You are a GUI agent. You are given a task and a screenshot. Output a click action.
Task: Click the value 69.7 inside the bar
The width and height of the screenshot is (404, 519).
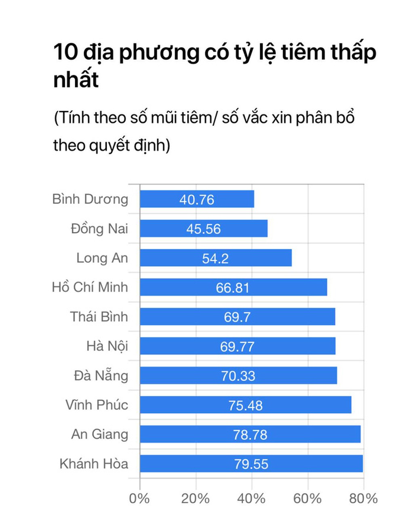point(237,317)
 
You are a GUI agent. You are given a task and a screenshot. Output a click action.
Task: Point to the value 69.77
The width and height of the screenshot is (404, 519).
point(237,347)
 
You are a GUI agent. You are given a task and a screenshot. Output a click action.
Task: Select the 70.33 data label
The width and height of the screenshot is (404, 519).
point(238,376)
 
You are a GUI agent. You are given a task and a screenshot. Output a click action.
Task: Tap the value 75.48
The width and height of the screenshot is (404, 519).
point(245,405)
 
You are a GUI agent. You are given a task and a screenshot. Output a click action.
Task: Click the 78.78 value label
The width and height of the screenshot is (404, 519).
point(250,435)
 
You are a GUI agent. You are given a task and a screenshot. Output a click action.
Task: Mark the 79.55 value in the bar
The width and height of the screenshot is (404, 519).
point(251,464)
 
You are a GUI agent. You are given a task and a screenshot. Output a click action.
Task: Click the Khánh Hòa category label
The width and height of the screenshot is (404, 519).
point(94,463)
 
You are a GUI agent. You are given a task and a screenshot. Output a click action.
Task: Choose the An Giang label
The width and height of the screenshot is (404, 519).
point(99,434)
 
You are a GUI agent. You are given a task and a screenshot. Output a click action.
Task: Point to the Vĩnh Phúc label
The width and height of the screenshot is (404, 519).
point(97,405)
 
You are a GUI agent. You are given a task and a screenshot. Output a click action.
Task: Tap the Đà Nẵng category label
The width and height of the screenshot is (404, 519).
point(101,376)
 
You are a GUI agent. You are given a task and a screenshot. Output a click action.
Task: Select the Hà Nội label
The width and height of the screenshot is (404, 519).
point(107,346)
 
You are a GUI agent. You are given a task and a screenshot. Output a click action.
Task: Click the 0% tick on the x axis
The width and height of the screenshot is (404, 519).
point(139,498)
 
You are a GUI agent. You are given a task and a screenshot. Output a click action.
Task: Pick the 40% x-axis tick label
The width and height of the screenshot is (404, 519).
point(251,498)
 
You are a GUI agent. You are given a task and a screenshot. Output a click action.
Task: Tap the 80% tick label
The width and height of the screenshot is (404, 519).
point(363,498)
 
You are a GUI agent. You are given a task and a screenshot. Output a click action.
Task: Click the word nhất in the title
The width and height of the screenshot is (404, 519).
point(76,80)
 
